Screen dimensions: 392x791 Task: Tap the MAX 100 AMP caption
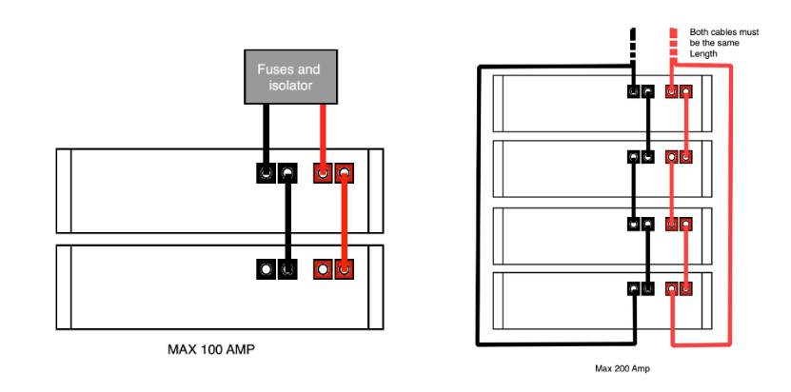click(211, 349)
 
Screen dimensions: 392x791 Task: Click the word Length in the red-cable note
click(704, 54)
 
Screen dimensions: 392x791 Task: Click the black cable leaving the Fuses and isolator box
click(267, 133)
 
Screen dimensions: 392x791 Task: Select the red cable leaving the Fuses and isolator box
click(323, 133)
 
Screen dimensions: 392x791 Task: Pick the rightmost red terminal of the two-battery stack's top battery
click(344, 174)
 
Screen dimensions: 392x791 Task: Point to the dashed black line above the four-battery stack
click(631, 43)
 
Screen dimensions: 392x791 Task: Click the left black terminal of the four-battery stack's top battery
click(633, 92)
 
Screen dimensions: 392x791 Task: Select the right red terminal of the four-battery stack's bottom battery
click(686, 288)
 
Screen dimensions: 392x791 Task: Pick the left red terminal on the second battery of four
click(672, 157)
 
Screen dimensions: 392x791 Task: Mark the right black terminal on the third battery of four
click(647, 225)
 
